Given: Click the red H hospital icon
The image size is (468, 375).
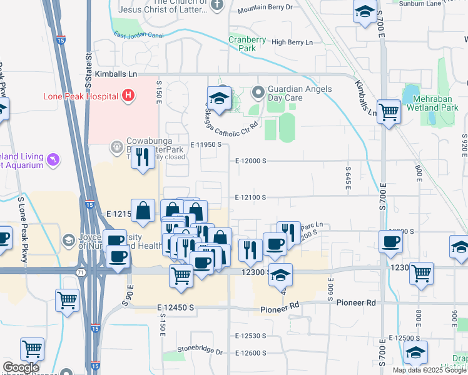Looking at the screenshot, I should (128, 96).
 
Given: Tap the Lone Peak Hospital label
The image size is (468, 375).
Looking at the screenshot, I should (81, 96).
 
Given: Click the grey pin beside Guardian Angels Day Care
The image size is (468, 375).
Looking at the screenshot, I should (258, 93).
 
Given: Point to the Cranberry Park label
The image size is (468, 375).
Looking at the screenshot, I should (243, 43).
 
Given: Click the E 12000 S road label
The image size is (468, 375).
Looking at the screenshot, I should (251, 161).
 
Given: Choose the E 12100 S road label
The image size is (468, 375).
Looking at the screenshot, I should (251, 197).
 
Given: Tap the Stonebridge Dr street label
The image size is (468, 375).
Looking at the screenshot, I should (200, 350).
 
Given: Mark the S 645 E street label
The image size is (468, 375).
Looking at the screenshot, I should (347, 170).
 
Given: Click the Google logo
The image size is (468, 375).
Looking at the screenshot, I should (21, 367).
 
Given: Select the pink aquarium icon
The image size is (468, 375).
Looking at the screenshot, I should (54, 160).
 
